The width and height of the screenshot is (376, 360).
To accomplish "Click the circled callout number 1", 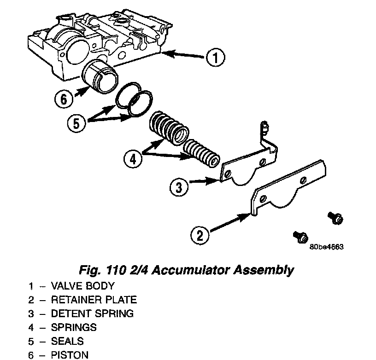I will pos(215,58).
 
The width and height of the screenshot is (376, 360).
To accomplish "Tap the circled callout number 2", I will pos(200,236).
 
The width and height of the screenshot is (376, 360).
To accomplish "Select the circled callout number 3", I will pos(179,187).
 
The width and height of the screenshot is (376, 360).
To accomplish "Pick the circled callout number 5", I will pos(76,123).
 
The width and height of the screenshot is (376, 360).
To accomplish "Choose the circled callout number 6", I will pos(64,99).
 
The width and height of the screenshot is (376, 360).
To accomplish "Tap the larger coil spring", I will pos(168,128).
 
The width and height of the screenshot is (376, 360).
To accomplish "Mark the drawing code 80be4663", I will pos(327,246).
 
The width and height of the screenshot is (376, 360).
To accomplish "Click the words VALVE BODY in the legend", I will pos(82,286).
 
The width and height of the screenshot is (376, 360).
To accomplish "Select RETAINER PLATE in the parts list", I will pos(94,300).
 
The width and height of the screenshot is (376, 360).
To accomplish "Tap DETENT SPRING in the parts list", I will pos(92,314).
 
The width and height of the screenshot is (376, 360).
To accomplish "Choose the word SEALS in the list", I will pos(67,342).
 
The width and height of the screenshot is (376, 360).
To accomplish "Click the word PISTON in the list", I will pos(70,355).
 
